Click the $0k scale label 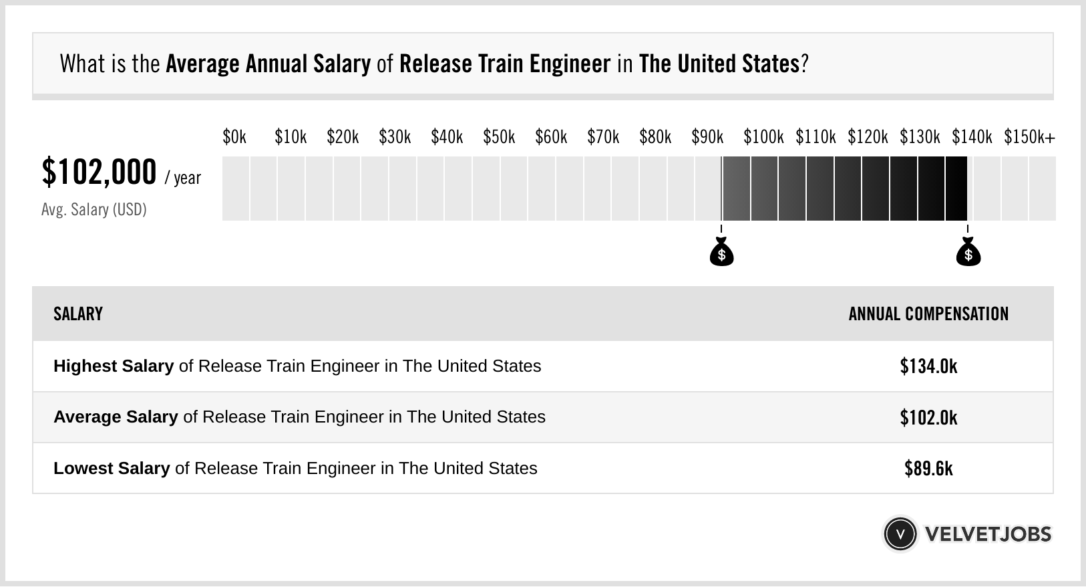click(234, 137)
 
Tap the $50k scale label click(499, 137)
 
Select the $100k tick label click(763, 137)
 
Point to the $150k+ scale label click(1029, 137)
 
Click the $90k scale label click(707, 137)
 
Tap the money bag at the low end click(721, 253)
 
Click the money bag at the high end click(968, 253)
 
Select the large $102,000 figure click(99, 172)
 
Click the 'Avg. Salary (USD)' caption click(94, 210)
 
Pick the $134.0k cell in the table click(928, 366)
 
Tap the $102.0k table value click(928, 417)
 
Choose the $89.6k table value click(928, 468)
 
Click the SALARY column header click(78, 314)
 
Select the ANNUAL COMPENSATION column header click(928, 314)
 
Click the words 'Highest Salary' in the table click(114, 366)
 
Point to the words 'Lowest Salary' click(112, 468)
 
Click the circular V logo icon click(900, 534)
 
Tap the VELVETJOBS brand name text click(988, 534)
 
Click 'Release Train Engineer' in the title click(505, 64)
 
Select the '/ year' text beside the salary click(182, 178)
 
